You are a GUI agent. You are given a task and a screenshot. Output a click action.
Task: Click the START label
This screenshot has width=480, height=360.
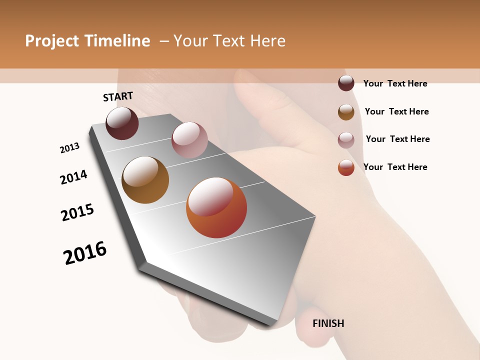tap(118, 96)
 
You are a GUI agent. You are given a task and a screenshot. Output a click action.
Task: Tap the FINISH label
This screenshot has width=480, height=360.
tap(328, 323)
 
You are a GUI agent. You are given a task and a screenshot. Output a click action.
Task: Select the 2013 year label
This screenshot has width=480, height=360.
tap(69, 148)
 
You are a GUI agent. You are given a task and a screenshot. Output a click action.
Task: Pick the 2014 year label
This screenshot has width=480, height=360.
tap(73, 177)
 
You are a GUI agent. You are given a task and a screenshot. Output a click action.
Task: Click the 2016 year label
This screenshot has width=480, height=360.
tap(85, 252)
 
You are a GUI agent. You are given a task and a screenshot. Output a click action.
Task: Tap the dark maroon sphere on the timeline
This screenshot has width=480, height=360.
tap(122, 123)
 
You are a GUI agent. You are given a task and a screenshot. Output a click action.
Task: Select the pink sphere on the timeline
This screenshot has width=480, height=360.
tap(189, 140)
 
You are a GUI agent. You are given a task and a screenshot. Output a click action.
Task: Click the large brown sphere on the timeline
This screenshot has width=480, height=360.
tap(145, 180)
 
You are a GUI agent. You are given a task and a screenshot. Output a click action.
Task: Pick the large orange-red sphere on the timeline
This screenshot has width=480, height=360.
tap(216, 207)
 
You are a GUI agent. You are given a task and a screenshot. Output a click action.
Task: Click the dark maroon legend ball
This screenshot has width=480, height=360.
tap(346, 83)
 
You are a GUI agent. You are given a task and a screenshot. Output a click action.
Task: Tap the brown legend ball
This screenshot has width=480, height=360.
tap(346, 112)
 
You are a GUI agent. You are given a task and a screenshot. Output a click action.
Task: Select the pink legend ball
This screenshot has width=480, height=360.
tap(346, 140)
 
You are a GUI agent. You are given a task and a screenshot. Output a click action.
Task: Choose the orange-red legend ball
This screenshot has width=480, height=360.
tap(346, 167)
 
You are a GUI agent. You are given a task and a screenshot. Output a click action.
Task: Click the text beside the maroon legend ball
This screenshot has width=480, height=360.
tap(395, 83)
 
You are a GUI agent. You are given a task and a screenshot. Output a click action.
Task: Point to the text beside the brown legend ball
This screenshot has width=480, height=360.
tap(396, 111)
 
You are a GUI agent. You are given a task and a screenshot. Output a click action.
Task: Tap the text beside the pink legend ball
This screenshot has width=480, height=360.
tap(397, 139)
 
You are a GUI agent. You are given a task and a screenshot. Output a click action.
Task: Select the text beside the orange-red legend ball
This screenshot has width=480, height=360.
tap(395, 167)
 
